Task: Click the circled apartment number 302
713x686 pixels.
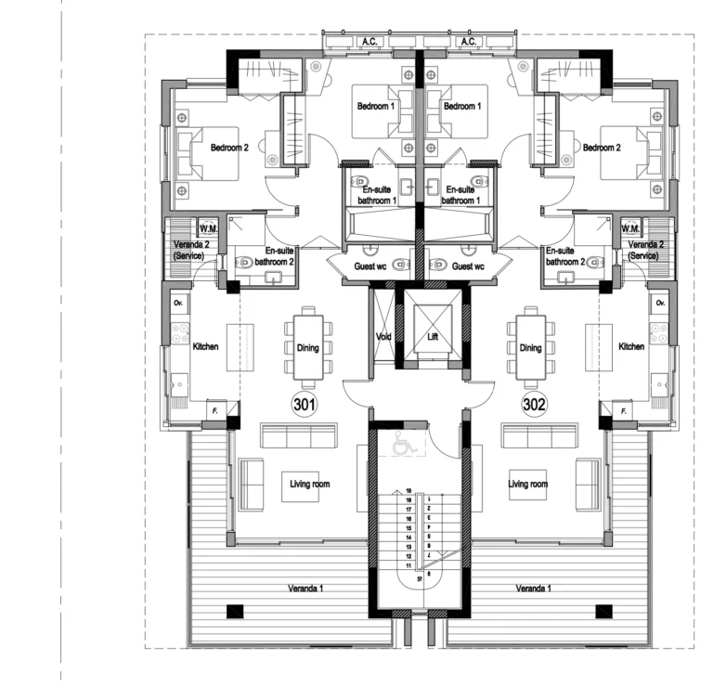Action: point(533,405)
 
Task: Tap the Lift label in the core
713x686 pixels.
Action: point(432,336)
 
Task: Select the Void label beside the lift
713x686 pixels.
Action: point(383,336)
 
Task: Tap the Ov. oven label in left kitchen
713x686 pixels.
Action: point(177,304)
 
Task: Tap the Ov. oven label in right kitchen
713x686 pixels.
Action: point(661,304)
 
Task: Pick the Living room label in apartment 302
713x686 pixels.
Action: point(527,484)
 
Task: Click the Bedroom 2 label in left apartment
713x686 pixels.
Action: point(229,148)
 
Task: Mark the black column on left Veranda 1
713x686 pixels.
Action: point(235,610)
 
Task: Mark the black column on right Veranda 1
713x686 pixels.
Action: point(603,610)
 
